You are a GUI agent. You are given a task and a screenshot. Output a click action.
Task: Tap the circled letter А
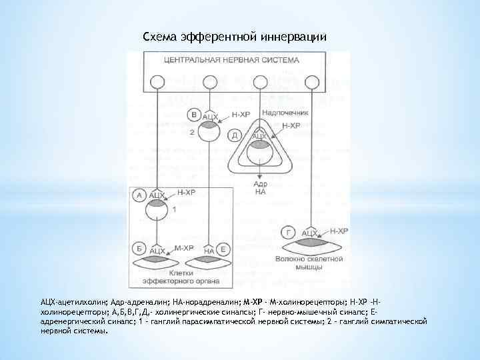coord(139,195)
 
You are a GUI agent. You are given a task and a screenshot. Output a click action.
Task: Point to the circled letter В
coord(194,114)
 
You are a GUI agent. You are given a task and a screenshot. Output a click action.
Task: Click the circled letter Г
coord(289,233)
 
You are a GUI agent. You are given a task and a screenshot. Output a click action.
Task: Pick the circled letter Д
coord(235,135)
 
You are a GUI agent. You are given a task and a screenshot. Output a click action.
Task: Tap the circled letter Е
coord(224,250)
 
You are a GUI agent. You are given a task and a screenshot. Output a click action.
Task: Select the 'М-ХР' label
coord(185,247)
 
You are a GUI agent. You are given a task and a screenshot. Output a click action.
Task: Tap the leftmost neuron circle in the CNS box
coord(157,82)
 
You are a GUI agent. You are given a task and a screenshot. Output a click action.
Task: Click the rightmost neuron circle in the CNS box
coord(311,82)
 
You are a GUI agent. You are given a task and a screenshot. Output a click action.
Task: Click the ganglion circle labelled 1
coord(157,212)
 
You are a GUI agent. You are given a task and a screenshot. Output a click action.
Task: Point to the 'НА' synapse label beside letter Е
coord(209,251)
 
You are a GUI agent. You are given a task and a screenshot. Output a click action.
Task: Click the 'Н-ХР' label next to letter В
coord(241,115)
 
